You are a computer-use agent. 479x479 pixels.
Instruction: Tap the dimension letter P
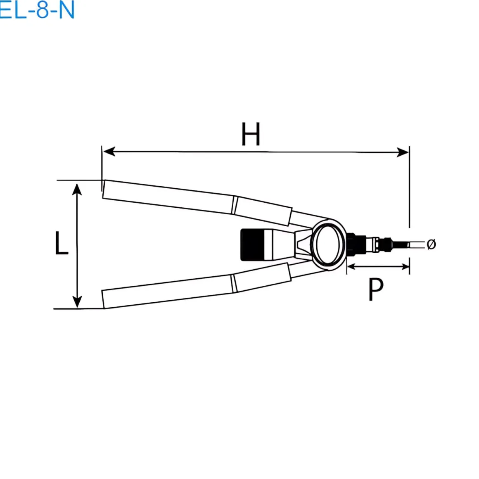pos(376,289)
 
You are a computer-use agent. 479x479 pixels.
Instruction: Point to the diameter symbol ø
pos(431,244)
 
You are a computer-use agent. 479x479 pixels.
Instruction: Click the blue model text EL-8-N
pos(37,10)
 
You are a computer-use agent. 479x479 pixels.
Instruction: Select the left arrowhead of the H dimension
pos(109,151)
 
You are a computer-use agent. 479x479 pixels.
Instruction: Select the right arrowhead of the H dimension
pos(402,152)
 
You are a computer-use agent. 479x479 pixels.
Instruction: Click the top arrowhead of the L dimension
pos(77,190)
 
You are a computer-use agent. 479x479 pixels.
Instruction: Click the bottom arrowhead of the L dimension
pos(77,301)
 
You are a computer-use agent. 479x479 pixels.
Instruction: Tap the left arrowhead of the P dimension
pos(351,267)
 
